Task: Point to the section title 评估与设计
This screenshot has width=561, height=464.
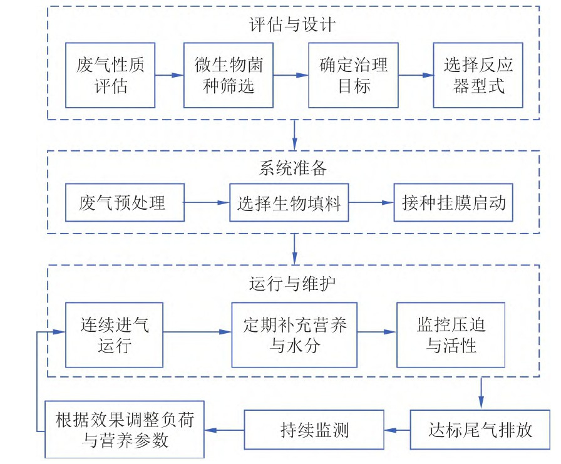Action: click(x=293, y=24)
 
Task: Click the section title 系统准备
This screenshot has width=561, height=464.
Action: click(x=293, y=168)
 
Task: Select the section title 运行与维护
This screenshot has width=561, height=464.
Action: click(x=293, y=282)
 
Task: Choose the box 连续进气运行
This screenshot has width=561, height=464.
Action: click(x=115, y=335)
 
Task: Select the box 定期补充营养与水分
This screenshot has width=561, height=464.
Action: click(x=294, y=335)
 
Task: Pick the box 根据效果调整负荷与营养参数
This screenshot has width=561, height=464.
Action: click(x=125, y=430)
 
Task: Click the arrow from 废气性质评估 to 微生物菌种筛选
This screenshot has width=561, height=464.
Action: click(x=169, y=75)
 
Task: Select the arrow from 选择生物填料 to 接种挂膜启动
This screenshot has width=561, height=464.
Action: click(x=371, y=203)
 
